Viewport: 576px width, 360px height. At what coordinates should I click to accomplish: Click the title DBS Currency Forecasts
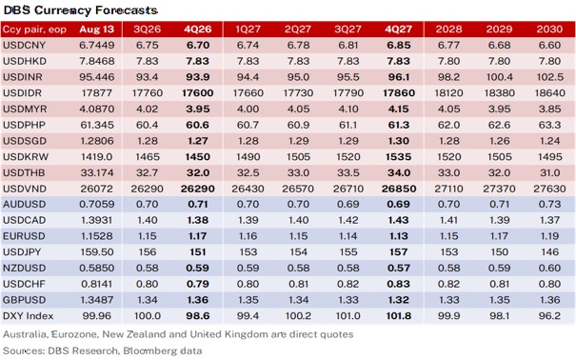click(80, 10)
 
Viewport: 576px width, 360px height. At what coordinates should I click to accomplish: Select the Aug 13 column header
click(96, 30)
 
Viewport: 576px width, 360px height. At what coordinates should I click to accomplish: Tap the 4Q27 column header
click(398, 30)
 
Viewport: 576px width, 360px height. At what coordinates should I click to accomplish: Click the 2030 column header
click(549, 30)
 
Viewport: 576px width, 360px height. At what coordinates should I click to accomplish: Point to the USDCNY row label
click(24, 45)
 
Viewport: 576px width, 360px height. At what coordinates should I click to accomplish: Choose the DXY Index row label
click(28, 316)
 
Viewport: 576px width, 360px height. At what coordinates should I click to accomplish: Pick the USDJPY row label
click(22, 252)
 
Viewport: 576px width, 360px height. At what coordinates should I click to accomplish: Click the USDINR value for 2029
click(499, 77)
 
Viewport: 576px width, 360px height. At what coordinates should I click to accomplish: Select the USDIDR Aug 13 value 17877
click(96, 93)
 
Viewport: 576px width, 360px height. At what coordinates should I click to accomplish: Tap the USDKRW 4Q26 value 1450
click(198, 157)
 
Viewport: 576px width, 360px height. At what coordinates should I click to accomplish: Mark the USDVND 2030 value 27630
click(549, 189)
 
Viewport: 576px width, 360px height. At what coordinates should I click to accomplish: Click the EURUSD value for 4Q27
click(398, 236)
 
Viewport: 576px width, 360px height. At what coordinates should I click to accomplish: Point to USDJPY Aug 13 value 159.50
click(96, 252)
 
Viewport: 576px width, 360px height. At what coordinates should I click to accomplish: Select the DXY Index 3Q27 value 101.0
click(348, 316)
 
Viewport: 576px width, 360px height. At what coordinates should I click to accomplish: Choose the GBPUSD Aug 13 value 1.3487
click(96, 300)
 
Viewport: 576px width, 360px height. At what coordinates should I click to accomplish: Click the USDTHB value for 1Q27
click(248, 172)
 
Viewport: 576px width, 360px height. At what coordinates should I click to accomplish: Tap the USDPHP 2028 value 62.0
click(448, 125)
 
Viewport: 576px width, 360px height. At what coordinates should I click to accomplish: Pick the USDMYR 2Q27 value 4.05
click(298, 110)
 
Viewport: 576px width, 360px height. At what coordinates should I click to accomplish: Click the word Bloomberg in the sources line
click(149, 350)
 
